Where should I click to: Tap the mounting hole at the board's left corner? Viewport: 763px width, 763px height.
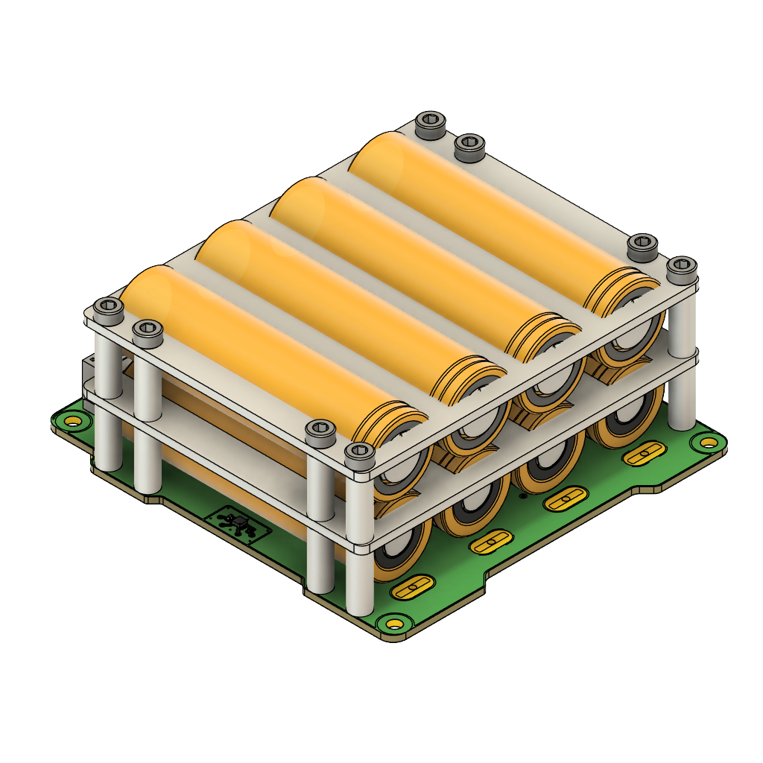pyautogui.click(x=72, y=422)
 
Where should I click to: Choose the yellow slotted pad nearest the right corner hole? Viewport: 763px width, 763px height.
pyautogui.click(x=645, y=453)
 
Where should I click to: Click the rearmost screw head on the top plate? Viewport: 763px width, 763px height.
pyautogui.click(x=431, y=124)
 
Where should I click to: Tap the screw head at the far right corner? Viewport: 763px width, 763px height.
pyautogui.click(x=681, y=269)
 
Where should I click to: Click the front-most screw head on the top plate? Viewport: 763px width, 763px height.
pyautogui.click(x=359, y=455)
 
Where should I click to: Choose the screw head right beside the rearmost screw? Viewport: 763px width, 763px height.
pyautogui.click(x=469, y=148)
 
